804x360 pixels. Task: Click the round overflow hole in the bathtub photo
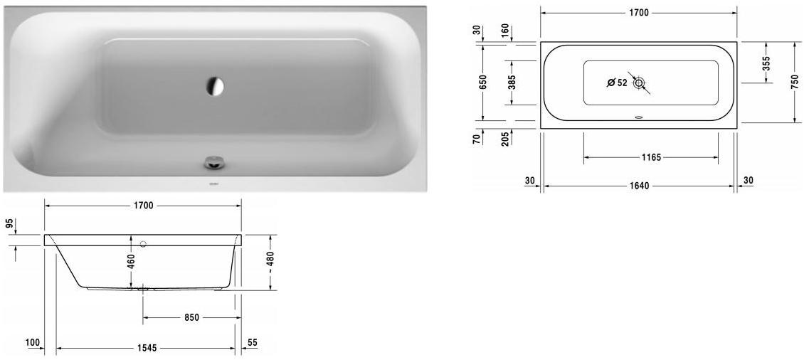[214, 86]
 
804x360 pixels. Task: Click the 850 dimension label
[190, 317]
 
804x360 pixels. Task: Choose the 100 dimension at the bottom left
[32, 343]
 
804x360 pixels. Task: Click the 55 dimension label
[253, 343]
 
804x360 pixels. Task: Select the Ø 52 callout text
[617, 83]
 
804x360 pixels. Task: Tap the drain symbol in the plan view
[639, 83]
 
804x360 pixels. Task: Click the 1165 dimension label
[650, 157]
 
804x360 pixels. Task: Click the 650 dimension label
[482, 81]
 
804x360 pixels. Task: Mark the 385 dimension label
[511, 83]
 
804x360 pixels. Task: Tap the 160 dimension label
[504, 31]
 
